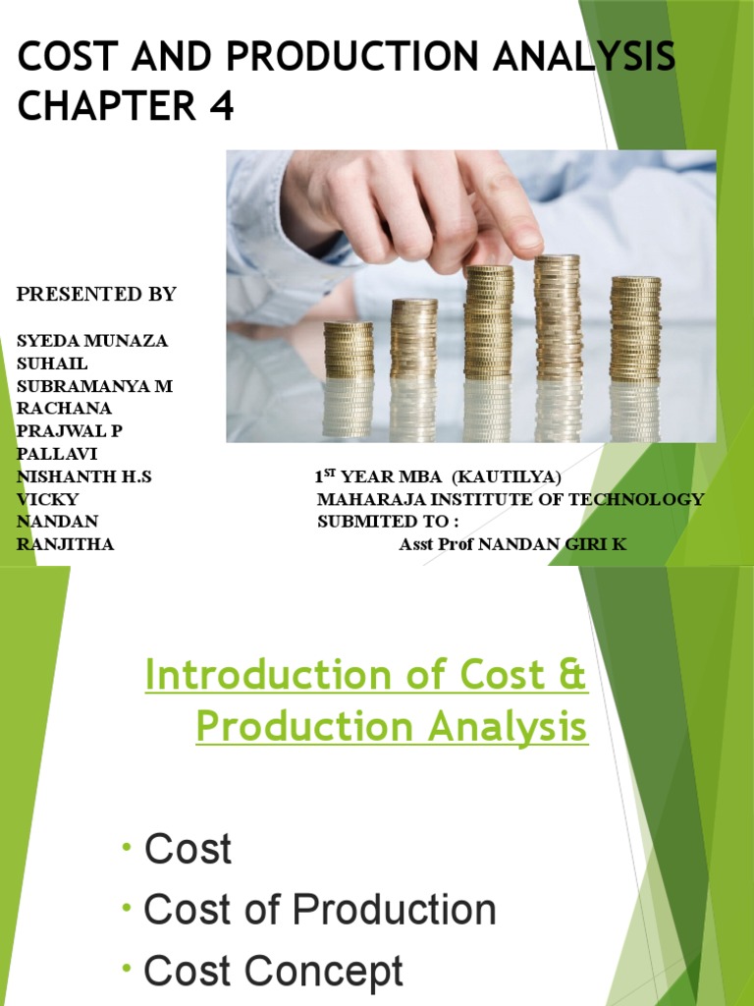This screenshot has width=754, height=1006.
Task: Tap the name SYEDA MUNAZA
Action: coord(92,341)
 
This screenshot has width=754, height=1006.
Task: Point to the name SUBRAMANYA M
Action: coord(94,386)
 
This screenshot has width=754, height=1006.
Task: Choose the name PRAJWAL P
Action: coord(70,431)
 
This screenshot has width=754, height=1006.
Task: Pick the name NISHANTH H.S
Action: coord(84,476)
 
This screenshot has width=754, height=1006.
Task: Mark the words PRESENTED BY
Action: coord(96,294)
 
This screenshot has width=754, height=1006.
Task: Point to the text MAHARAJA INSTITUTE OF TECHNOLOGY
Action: coord(511,499)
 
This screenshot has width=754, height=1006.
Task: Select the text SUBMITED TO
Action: coord(388,522)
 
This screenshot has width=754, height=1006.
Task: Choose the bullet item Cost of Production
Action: coord(320,910)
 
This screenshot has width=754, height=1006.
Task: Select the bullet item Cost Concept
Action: coord(274,972)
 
